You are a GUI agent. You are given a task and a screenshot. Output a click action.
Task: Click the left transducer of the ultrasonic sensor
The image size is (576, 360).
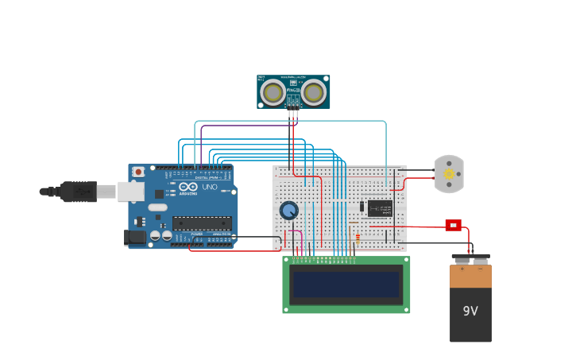click(273, 93)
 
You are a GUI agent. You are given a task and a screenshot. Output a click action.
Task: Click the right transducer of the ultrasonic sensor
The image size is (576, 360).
click(314, 93)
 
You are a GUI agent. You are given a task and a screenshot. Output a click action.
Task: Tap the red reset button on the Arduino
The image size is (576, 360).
click(138, 172)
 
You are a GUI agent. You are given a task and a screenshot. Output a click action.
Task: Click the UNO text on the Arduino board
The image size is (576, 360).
click(210, 188)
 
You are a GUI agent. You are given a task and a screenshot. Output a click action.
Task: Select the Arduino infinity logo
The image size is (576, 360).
click(188, 187)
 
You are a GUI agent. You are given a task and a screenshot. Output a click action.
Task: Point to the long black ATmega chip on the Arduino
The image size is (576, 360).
click(202, 223)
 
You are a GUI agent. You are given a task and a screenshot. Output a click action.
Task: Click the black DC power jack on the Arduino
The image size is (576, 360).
click(135, 237)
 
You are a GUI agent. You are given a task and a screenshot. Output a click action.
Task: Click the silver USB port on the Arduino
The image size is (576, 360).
click(130, 192)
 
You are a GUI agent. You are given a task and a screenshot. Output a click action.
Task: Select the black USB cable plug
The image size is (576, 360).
click(79, 192)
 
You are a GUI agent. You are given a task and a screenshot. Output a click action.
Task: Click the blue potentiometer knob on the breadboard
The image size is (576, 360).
click(289, 211)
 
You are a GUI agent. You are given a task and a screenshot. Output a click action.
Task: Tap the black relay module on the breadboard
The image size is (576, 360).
click(380, 208)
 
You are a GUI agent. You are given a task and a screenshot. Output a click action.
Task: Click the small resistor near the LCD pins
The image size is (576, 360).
click(358, 238)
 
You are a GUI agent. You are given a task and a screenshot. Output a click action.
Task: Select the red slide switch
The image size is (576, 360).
click(453, 225)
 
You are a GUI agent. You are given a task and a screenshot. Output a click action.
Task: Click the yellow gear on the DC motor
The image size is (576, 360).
click(449, 174)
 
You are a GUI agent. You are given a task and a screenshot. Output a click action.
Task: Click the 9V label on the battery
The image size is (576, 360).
click(470, 311)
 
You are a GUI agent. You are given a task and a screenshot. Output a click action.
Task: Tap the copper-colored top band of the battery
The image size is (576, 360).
click(470, 276)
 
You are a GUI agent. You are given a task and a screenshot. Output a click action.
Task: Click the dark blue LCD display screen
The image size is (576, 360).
click(346, 285)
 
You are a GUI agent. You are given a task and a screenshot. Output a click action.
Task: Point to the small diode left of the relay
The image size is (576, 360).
click(361, 207)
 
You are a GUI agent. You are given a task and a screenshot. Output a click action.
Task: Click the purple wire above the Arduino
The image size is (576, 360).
click(246, 125)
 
